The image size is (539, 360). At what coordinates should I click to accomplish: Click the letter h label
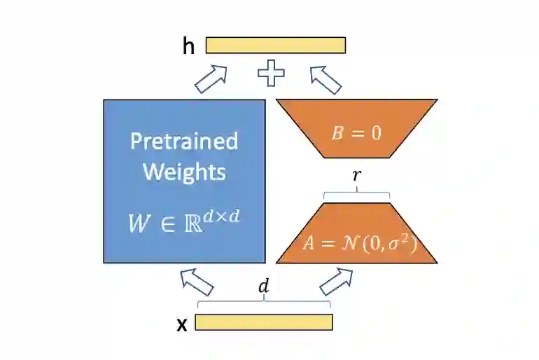[188, 46]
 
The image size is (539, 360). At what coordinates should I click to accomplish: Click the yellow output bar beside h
[275, 45]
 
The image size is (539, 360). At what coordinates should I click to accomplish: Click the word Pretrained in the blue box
[184, 141]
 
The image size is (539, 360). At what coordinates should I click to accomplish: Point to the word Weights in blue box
[184, 172]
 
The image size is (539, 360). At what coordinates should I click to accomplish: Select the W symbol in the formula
[139, 223]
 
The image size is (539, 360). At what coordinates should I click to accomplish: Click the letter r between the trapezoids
[356, 175]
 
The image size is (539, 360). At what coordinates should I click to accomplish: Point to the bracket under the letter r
[356, 193]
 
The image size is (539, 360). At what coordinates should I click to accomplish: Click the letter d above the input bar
[263, 286]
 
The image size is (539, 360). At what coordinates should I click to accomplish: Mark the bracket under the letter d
[263, 303]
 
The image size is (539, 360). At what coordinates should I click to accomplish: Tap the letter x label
[181, 324]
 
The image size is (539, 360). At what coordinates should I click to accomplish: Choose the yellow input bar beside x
[263, 322]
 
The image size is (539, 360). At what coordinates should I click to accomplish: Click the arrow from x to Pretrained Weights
[197, 282]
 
